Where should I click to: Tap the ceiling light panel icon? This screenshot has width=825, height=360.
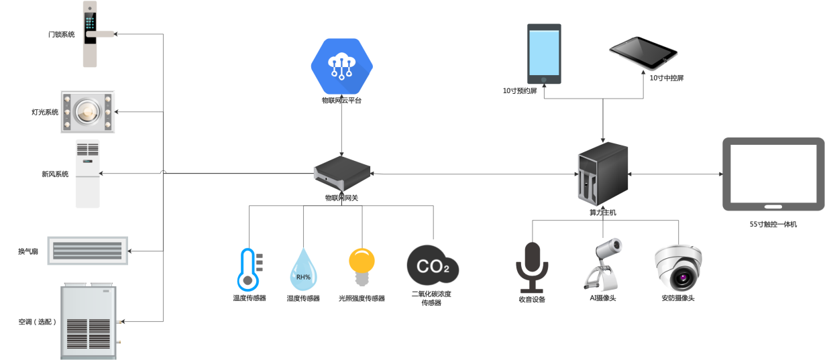coord(88,111)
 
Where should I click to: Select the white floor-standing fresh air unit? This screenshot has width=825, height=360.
coord(87,173)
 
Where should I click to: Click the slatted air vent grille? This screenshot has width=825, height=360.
coord(87,250)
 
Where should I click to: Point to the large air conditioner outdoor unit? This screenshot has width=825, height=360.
coord(89,320)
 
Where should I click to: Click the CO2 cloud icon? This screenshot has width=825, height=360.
coord(431,267)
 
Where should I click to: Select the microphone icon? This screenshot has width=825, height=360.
coord(532,265)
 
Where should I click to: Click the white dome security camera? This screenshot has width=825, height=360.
coord(679,266)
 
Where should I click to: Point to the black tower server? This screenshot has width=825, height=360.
coord(602,174)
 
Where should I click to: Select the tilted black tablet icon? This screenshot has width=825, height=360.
coord(643,52)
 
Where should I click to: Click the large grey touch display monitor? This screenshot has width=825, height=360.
coord(773,174)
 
